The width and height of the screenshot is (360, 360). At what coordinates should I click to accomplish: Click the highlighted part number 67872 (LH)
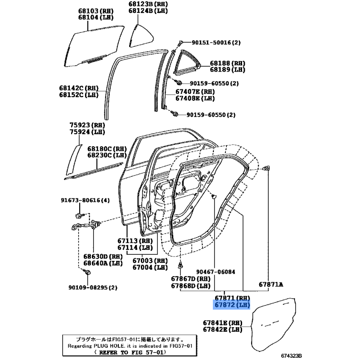[x=232, y=305]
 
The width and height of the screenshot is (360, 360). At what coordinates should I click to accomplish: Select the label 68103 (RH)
[x=96, y=11]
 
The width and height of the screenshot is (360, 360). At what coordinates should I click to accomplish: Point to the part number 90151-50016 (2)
[x=216, y=42]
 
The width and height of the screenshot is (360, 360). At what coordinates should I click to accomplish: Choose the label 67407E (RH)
[x=195, y=92]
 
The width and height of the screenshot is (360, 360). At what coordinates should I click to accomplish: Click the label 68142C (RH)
[x=79, y=88]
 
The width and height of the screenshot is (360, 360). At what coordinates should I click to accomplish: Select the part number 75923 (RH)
[x=87, y=125]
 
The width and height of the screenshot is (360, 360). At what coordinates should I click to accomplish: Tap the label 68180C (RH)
[x=107, y=149]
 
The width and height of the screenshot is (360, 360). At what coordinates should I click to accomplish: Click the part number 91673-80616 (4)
[x=85, y=200]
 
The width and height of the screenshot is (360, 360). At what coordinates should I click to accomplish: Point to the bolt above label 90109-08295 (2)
[x=87, y=272]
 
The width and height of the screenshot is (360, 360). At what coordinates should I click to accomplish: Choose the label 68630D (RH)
[x=103, y=256]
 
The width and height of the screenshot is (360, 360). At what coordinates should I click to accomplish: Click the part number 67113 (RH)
[x=135, y=241]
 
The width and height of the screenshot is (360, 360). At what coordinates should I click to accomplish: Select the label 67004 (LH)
[x=150, y=267]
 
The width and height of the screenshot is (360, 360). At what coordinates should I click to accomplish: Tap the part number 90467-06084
[x=216, y=272]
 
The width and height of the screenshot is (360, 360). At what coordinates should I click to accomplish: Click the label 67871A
[x=271, y=285]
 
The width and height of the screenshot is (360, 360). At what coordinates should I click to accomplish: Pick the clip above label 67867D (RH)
[x=181, y=265]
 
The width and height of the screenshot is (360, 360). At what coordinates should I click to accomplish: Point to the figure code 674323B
[x=291, y=355]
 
